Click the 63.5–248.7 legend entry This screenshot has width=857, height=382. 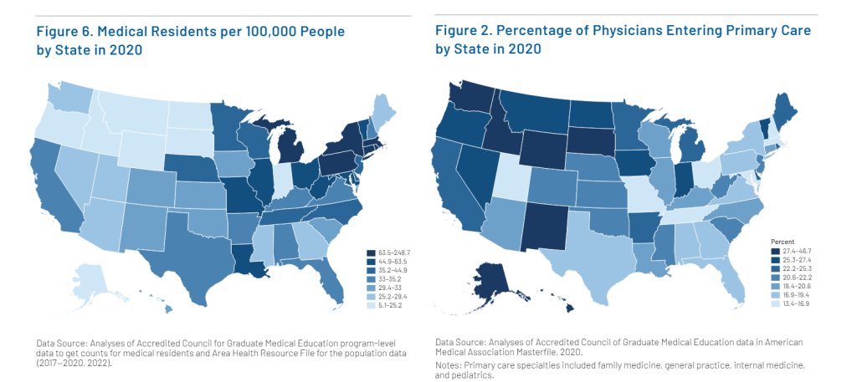click(x=390, y=251)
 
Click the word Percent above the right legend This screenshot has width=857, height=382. click(x=783, y=241)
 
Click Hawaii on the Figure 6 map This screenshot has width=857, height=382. click(x=170, y=309)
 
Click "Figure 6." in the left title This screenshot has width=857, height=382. click(x=68, y=32)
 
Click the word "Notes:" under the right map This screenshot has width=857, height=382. click(x=451, y=365)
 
